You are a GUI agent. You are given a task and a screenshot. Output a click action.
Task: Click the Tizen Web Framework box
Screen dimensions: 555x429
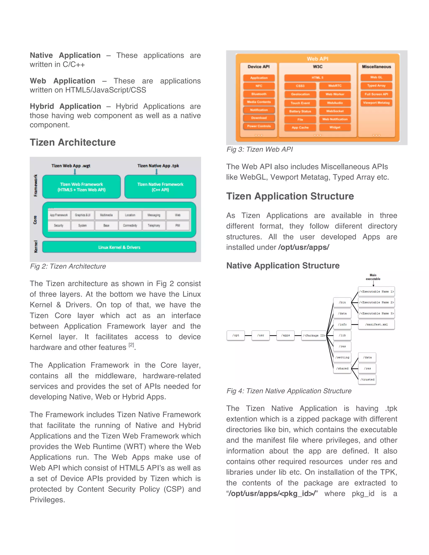[81, 187]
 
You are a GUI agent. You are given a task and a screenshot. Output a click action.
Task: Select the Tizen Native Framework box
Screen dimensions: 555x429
[160, 187]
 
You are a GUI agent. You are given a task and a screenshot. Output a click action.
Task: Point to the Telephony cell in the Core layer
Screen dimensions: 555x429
[154, 225]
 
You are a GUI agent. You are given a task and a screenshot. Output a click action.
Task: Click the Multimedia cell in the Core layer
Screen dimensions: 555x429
[106, 215]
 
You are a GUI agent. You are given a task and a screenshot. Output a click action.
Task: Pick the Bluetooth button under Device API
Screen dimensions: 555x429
[259, 94]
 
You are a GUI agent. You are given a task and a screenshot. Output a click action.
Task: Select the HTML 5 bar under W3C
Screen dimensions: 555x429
[317, 77]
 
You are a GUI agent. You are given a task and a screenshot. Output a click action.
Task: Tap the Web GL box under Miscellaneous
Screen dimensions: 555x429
[376, 77]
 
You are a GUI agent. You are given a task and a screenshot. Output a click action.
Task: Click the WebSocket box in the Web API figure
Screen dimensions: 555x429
[335, 111]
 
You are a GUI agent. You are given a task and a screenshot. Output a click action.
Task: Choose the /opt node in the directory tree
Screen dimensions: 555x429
[236, 336]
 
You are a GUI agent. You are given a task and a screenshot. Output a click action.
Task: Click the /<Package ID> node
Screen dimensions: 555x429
[314, 336]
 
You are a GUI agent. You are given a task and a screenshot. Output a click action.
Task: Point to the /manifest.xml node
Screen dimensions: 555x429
[376, 324]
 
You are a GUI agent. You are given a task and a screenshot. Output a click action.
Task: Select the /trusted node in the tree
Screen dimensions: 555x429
[367, 379]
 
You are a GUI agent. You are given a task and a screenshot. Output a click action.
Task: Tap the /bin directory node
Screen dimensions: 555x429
[342, 302]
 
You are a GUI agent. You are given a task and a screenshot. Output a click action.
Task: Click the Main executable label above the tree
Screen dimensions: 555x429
[373, 277]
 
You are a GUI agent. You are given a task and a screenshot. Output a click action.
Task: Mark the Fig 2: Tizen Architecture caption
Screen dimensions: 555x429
[68, 266]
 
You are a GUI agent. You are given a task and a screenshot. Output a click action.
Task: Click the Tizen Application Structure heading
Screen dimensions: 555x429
[290, 196]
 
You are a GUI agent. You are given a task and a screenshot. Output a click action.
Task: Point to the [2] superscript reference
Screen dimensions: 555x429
[131, 345]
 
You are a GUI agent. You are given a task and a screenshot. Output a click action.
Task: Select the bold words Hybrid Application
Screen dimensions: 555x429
[65, 106]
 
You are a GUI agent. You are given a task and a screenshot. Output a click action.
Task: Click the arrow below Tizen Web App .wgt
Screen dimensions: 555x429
[75, 172]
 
